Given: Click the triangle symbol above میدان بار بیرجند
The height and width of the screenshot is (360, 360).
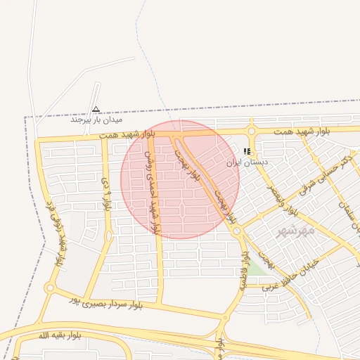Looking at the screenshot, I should [x=96, y=109].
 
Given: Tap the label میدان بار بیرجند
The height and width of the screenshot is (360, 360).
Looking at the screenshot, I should [x=96, y=120].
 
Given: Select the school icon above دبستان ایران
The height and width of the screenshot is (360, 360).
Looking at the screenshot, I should [x=247, y=151].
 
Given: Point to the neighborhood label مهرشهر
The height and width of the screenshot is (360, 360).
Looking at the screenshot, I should [x=295, y=231].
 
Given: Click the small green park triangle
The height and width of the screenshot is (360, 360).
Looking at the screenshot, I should [x=256, y=269].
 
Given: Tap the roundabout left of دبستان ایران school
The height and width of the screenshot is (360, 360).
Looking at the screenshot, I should [x=251, y=131].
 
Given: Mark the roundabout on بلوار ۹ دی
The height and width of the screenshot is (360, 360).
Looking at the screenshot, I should [x=108, y=236].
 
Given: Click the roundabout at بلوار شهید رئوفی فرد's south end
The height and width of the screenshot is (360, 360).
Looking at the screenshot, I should [x=50, y=288].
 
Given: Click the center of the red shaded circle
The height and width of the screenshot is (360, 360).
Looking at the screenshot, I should [x=180, y=179].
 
